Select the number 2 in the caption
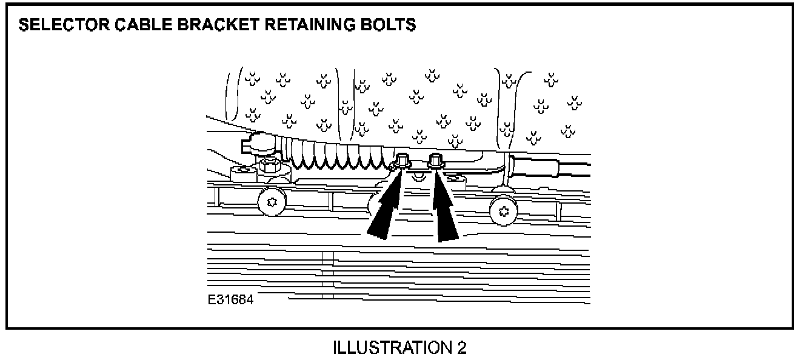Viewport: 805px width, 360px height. [462, 348]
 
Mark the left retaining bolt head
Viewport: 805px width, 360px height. [402, 161]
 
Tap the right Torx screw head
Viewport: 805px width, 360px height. [502, 210]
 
